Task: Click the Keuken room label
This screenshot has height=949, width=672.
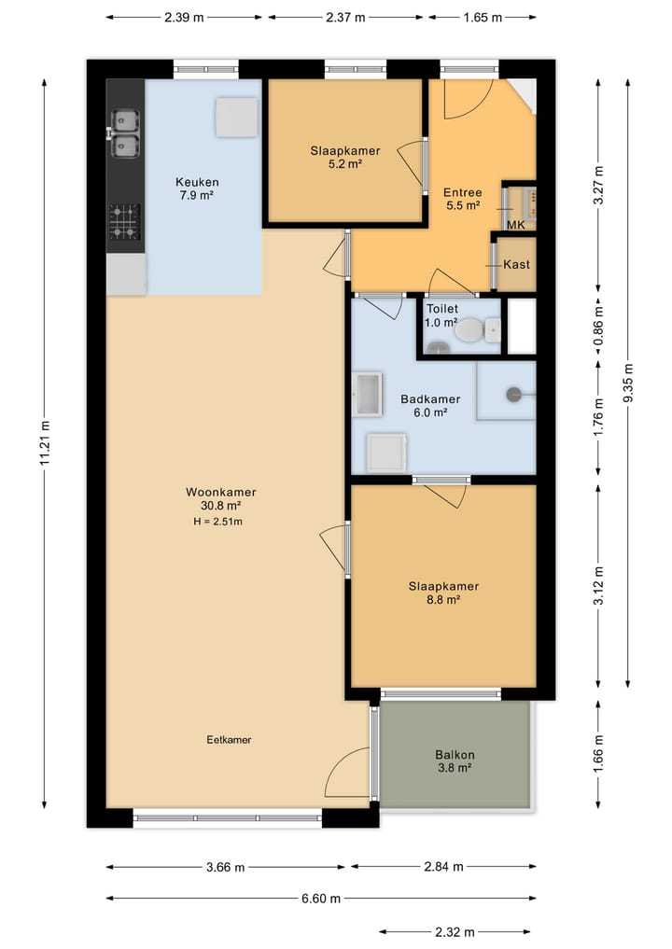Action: pyautogui.click(x=197, y=182)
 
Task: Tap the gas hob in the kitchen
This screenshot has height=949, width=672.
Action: pyautogui.click(x=125, y=222)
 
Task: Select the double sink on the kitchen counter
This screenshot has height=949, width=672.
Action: pyautogui.click(x=125, y=133)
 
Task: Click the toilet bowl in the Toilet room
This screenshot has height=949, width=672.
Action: pyautogui.click(x=469, y=331)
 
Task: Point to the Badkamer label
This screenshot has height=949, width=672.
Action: pyautogui.click(x=430, y=399)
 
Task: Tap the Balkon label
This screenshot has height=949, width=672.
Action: pyautogui.click(x=455, y=755)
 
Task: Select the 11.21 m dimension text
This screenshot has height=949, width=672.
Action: pyautogui.click(x=46, y=443)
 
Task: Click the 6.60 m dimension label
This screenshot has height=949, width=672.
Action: pyautogui.click(x=321, y=899)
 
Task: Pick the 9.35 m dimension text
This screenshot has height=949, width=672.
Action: pyautogui.click(x=628, y=383)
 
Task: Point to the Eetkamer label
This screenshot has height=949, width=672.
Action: pyautogui.click(x=229, y=740)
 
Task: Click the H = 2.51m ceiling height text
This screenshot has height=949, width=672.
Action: pyautogui.click(x=218, y=522)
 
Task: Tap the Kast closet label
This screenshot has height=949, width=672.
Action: pyautogui.click(x=516, y=264)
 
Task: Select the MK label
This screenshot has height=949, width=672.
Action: pyautogui.click(x=516, y=226)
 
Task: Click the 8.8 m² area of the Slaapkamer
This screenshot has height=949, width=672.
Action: pyautogui.click(x=443, y=600)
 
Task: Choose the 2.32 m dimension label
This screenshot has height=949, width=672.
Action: pyautogui.click(x=455, y=932)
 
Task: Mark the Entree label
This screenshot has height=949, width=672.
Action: pyautogui.click(x=463, y=192)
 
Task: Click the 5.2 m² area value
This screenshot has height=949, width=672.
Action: pyautogui.click(x=345, y=163)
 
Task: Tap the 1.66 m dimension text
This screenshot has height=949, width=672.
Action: pyautogui.click(x=598, y=754)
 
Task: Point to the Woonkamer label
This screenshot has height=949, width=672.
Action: pyautogui.click(x=221, y=493)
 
